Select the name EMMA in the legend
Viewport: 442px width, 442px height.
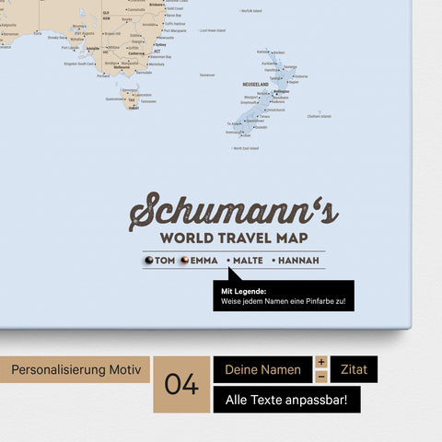204,262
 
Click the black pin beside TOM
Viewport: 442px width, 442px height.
148,262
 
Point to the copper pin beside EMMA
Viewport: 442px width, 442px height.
182,262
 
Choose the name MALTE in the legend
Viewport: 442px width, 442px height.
248,262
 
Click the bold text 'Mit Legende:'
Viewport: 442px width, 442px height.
238,291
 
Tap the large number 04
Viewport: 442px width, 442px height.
181,384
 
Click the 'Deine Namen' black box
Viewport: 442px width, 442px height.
263,370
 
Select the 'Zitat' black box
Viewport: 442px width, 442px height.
353,370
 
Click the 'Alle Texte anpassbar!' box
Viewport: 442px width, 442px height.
286,400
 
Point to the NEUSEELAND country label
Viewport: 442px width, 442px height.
255,84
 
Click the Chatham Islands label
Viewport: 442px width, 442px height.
320,117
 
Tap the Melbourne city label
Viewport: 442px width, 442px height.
121,66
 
